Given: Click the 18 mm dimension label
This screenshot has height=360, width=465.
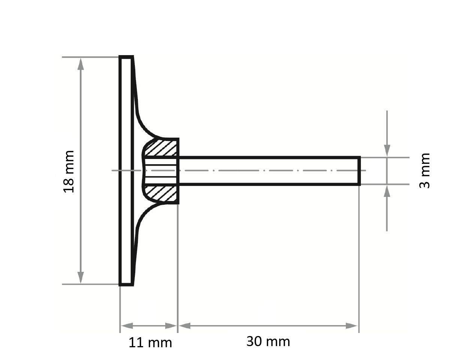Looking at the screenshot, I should (x=69, y=171).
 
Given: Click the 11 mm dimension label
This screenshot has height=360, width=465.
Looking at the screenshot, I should (x=150, y=342).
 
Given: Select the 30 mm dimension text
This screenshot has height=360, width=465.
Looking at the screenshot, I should (x=268, y=341).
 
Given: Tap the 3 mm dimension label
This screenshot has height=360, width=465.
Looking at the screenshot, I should (x=425, y=171).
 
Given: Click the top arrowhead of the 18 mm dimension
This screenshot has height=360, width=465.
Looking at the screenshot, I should (x=80, y=64).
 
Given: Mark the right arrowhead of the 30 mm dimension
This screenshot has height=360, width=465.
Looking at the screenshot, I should (x=352, y=325).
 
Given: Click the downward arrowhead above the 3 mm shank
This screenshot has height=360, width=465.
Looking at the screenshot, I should (x=387, y=150).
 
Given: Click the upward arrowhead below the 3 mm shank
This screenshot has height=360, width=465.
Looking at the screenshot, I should (x=387, y=191).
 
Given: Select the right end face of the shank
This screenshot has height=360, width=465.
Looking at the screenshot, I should (x=359, y=171).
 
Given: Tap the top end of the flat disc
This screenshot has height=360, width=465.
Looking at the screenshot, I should (x=126, y=57).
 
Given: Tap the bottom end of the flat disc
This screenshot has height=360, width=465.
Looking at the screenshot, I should (x=126, y=284).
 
